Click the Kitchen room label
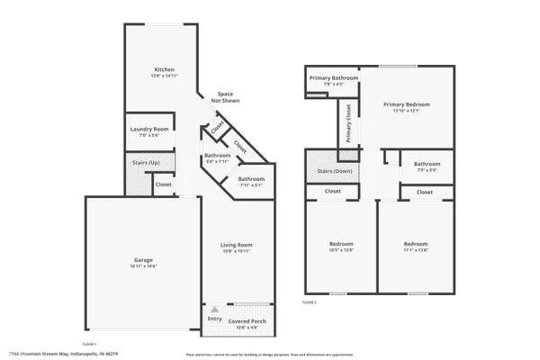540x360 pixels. pyautogui.click(x=164, y=69)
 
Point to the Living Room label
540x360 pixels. pyautogui.click(x=237, y=244)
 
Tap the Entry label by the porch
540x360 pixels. pyautogui.click(x=214, y=319)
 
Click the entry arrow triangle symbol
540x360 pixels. pyautogui.click(x=214, y=309)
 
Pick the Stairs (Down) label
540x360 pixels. pyautogui.click(x=332, y=170)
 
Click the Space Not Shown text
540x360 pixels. pyautogui.click(x=226, y=96)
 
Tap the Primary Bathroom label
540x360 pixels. pyautogui.click(x=334, y=78)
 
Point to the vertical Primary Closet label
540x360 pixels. pyautogui.click(x=349, y=123)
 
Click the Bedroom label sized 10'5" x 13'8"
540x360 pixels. pyautogui.click(x=340, y=244)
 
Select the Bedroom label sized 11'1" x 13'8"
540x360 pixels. pyautogui.click(x=415, y=244)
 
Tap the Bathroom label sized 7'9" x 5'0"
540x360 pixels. pyautogui.click(x=427, y=164)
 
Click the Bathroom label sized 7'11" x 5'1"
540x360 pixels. pyautogui.click(x=251, y=179)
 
